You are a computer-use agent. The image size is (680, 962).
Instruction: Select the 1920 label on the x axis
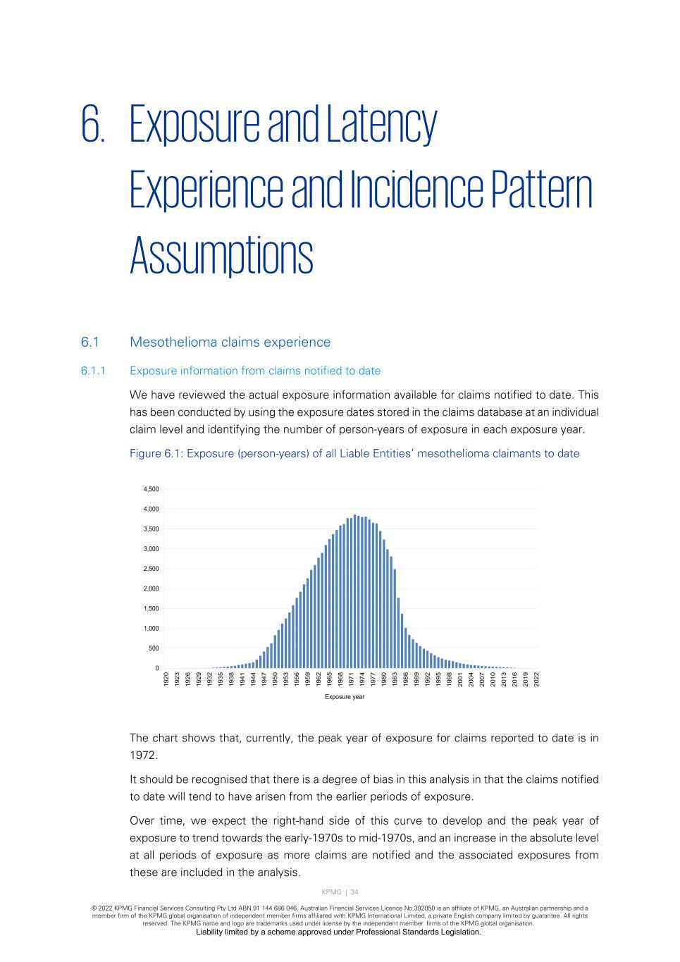coord(166,679)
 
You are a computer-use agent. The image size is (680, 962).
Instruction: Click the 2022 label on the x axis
coord(537,679)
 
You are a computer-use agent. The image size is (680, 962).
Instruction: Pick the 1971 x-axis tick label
coord(352,679)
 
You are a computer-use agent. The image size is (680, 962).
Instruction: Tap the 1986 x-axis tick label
coord(406,679)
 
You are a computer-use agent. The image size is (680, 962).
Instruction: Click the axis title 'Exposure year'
coord(345,698)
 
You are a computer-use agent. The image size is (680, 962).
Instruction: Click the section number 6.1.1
coord(93,371)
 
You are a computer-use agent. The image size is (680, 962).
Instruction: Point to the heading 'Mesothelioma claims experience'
coord(230,343)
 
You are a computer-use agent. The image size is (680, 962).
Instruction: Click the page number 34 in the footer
coord(354,892)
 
